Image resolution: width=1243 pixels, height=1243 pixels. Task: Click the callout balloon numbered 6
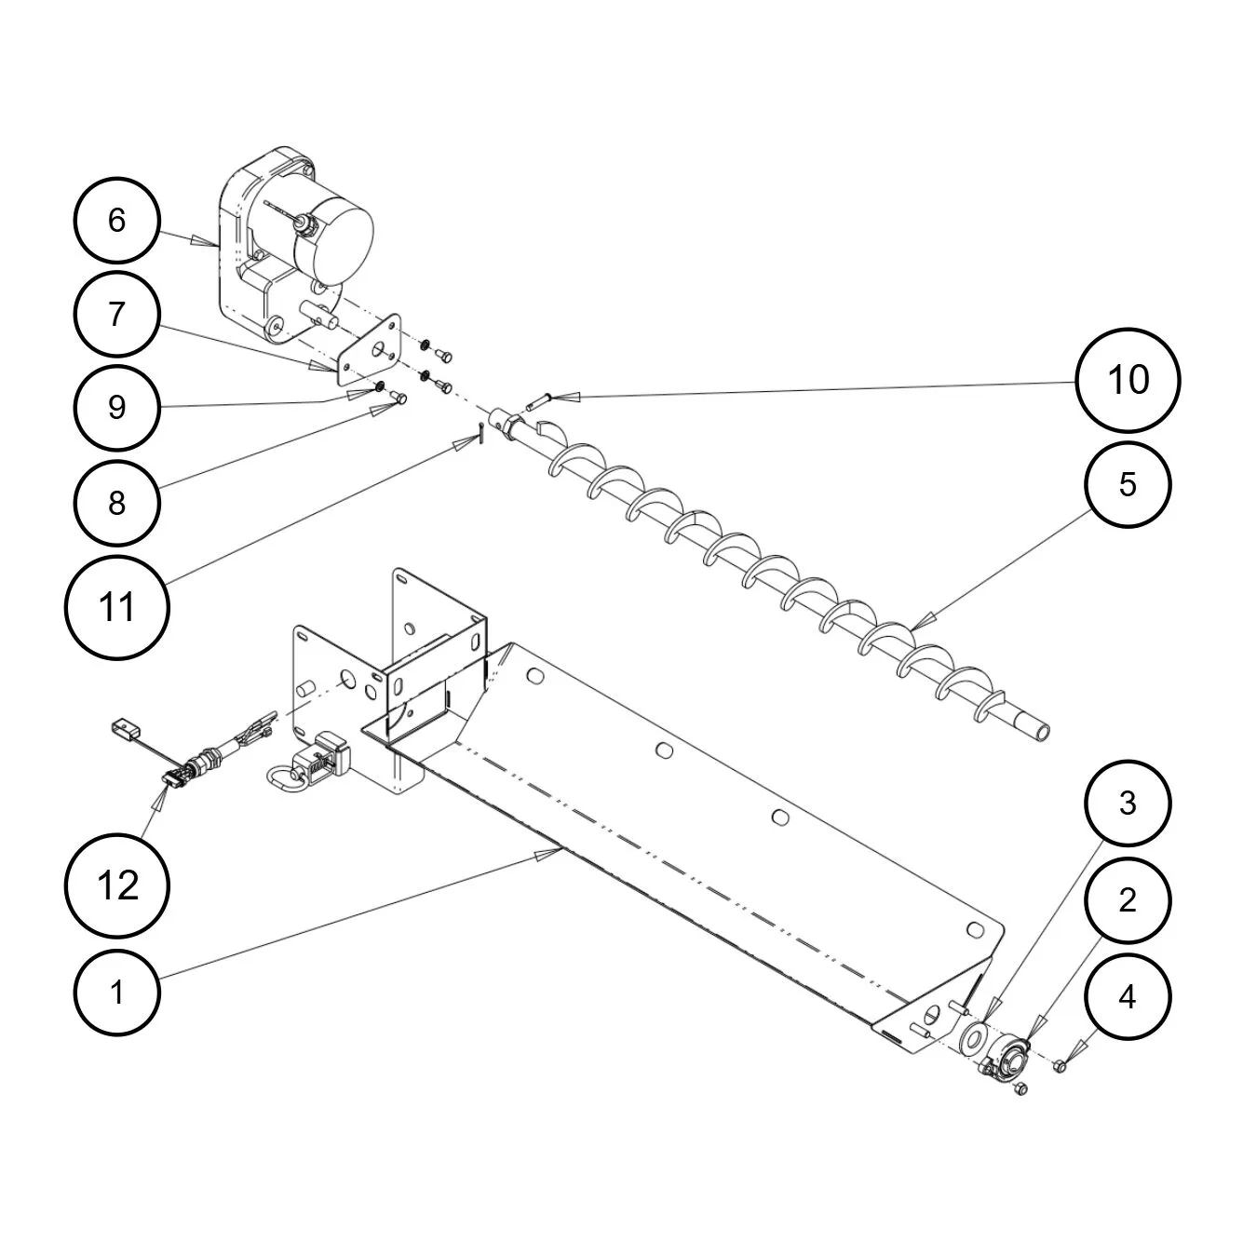116,221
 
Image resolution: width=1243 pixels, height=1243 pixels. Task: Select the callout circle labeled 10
1128,380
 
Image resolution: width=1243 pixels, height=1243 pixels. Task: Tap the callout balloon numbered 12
116,885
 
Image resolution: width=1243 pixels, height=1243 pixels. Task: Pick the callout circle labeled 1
116,993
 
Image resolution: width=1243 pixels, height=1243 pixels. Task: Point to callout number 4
1128,997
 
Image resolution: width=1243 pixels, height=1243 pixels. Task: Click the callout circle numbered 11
116,608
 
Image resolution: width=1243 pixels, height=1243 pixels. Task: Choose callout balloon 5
1128,484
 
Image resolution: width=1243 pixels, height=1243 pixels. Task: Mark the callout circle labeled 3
1128,803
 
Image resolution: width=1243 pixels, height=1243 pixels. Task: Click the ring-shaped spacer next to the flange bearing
976,1036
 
